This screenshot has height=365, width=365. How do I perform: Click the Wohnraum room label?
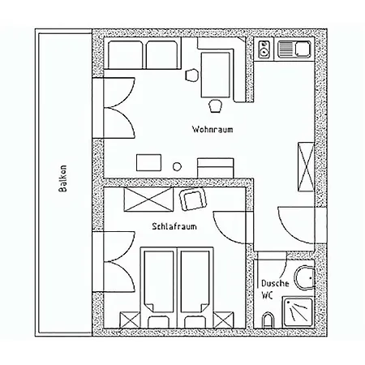click(213, 129)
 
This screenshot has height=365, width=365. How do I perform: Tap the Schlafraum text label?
click(174, 226)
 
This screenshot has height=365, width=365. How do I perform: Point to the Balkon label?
click(62, 178)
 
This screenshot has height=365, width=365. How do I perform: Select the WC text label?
click(267, 295)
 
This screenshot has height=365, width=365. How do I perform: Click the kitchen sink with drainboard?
click(294, 49)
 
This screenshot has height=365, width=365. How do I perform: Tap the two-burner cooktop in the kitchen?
click(264, 49)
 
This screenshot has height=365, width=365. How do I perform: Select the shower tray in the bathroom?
click(298, 311)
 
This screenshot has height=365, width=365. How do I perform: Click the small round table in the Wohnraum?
click(177, 166)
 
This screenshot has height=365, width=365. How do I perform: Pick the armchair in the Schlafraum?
click(193, 200)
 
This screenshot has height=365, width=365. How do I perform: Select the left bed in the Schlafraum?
click(159, 281)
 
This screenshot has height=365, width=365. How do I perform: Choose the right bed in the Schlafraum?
click(195, 281)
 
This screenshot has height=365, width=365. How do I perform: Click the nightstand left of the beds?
click(130, 320)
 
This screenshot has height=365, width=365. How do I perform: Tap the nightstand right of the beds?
click(223, 320)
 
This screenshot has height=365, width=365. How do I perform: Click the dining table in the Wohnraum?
click(216, 75)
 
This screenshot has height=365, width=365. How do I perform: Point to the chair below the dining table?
click(216, 105)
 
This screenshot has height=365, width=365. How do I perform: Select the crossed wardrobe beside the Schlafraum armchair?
click(148, 200)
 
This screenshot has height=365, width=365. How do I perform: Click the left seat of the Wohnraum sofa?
click(126, 55)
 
